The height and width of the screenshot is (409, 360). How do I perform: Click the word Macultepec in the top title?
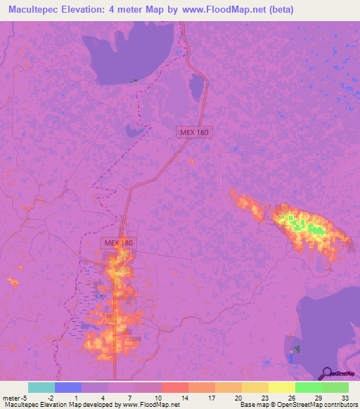(x=34, y=11)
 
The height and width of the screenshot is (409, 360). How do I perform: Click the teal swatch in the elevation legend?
(x=41, y=387)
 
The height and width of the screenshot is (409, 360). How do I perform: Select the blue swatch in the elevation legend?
(x=68, y=387)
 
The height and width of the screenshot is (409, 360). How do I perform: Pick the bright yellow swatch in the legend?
(x=281, y=387)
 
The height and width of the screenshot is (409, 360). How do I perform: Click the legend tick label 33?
(x=345, y=397)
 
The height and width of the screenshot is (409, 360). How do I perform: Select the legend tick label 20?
(x=238, y=397)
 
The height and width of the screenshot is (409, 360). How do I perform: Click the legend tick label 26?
(x=291, y=397)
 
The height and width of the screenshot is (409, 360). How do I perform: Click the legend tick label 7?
(x=130, y=397)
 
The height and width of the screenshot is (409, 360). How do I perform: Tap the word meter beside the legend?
(x=12, y=397)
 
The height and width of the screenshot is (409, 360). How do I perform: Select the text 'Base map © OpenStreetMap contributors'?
(x=296, y=405)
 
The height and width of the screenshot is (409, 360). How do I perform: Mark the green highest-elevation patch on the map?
(x=311, y=228)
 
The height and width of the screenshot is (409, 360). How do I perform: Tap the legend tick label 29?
(x=318, y=397)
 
